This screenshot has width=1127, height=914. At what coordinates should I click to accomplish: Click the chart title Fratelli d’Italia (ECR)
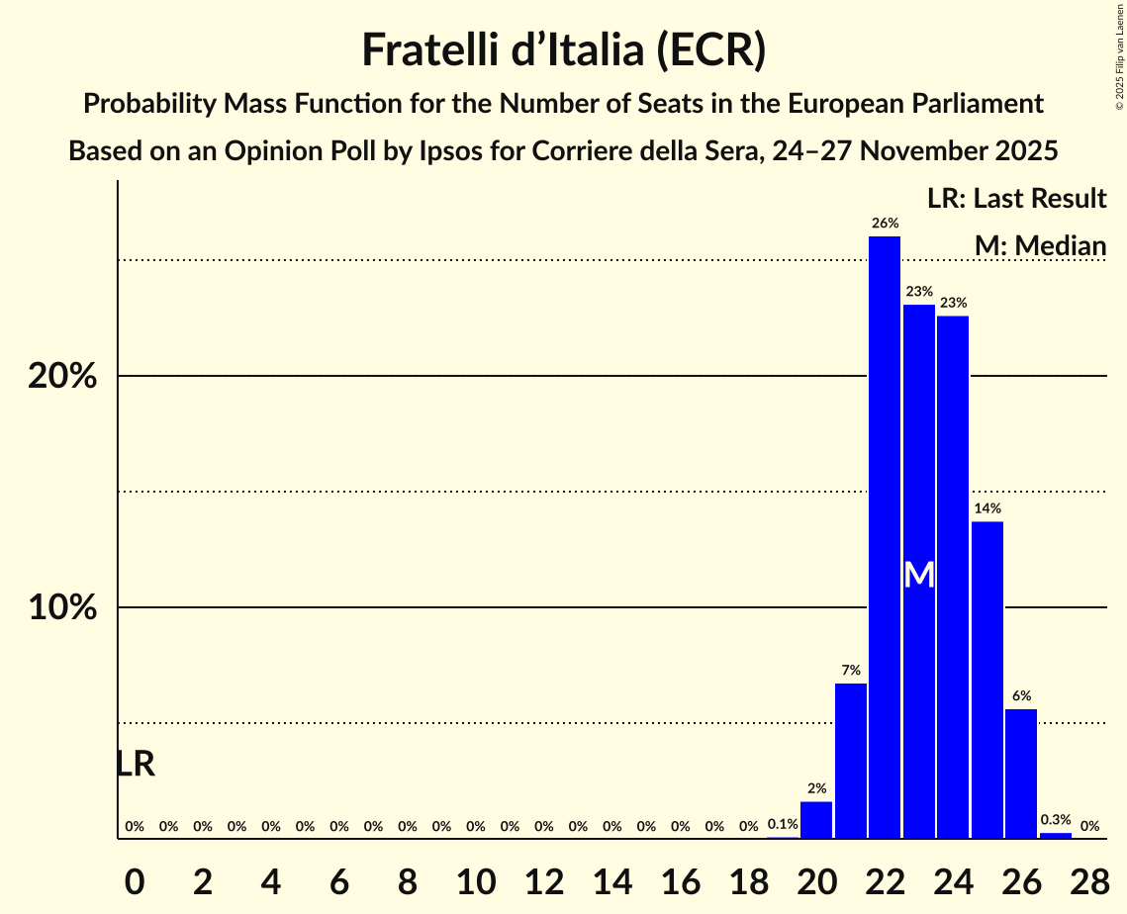[x=563, y=49]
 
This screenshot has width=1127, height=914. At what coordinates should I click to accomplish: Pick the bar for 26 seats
[x=1021, y=773]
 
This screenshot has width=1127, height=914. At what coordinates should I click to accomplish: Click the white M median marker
[x=919, y=575]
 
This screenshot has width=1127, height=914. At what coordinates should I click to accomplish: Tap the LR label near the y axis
[x=135, y=764]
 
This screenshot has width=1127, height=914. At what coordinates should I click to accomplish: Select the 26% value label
[x=885, y=224]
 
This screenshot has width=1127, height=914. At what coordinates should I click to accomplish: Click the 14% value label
[x=987, y=508]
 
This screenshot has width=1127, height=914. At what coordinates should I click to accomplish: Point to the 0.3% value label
[x=1056, y=820]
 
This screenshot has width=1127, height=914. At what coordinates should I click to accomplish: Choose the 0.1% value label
[x=783, y=825]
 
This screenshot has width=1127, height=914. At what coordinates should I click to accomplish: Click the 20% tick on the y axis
[x=62, y=377]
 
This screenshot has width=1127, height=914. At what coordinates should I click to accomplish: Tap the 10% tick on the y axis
[x=62, y=608]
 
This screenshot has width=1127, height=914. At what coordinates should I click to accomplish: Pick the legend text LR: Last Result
[x=1016, y=199]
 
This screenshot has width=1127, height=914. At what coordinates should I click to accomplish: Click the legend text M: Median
[x=1040, y=245]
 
